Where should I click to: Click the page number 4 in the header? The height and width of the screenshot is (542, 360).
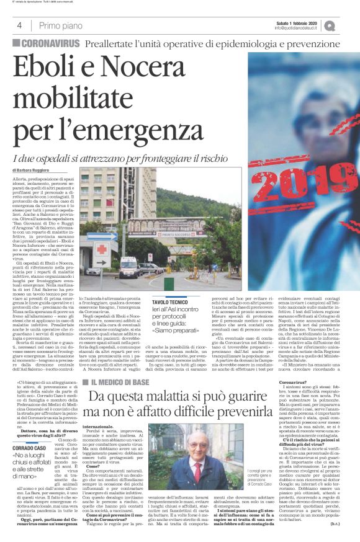click(19, 25)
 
